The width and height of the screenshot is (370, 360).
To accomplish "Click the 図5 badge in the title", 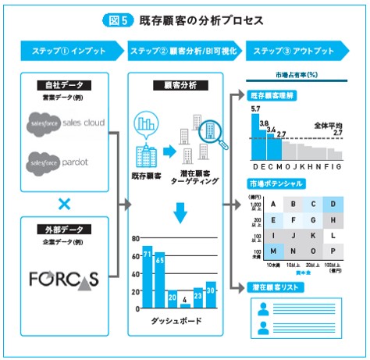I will (122, 17).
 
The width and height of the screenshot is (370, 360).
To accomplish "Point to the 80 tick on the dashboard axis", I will (135, 239).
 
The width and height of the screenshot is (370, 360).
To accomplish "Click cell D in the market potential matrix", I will (333, 205).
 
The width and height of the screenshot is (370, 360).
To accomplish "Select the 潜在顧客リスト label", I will (272, 287).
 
